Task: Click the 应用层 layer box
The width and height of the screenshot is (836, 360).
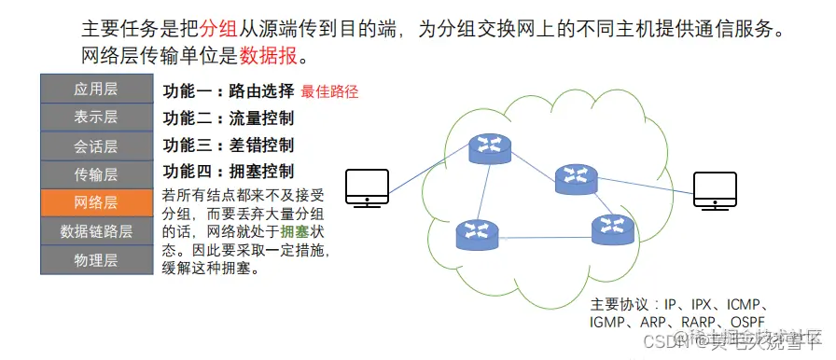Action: coord(95,90)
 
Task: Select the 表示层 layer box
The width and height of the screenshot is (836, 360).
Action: coord(95,118)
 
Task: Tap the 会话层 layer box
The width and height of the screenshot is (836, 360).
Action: coord(95,146)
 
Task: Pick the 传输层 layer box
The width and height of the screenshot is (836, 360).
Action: coord(95,174)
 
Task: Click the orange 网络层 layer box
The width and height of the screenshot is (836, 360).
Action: coord(95,203)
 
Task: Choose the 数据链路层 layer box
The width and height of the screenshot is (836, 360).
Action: coord(95,231)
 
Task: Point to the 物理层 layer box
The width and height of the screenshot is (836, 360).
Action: coord(95,260)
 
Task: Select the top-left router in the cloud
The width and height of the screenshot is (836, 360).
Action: coord(485,145)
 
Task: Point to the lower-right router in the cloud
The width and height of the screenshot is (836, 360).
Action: coord(611,228)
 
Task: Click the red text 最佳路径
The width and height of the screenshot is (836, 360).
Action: coord(329,91)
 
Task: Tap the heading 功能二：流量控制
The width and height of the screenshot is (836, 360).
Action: coord(229,118)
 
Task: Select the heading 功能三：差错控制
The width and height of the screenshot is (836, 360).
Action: coord(229,145)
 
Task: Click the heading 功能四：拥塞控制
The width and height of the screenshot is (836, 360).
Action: coord(229,172)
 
